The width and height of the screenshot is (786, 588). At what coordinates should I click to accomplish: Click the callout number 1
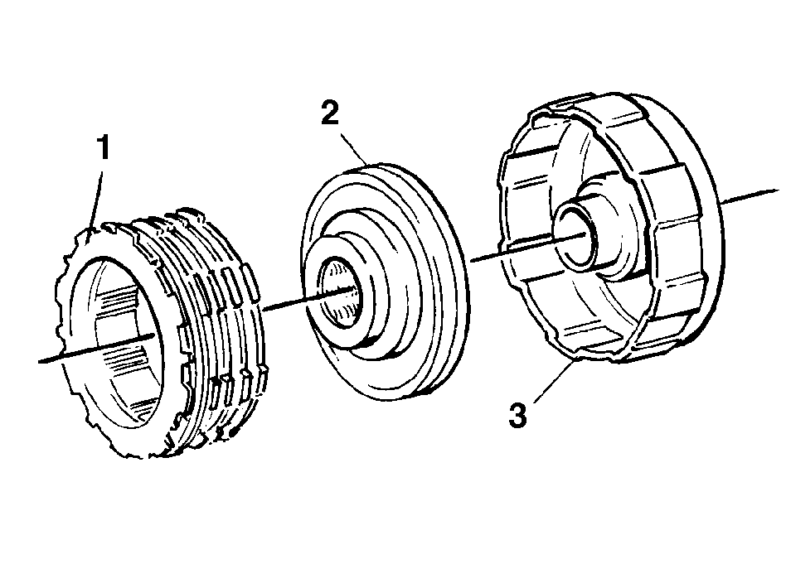(x=104, y=147)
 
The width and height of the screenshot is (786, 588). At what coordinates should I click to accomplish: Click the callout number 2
(x=330, y=113)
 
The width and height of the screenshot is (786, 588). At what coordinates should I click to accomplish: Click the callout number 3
(x=518, y=416)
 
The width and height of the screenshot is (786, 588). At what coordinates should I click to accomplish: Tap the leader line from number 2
(x=354, y=147)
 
